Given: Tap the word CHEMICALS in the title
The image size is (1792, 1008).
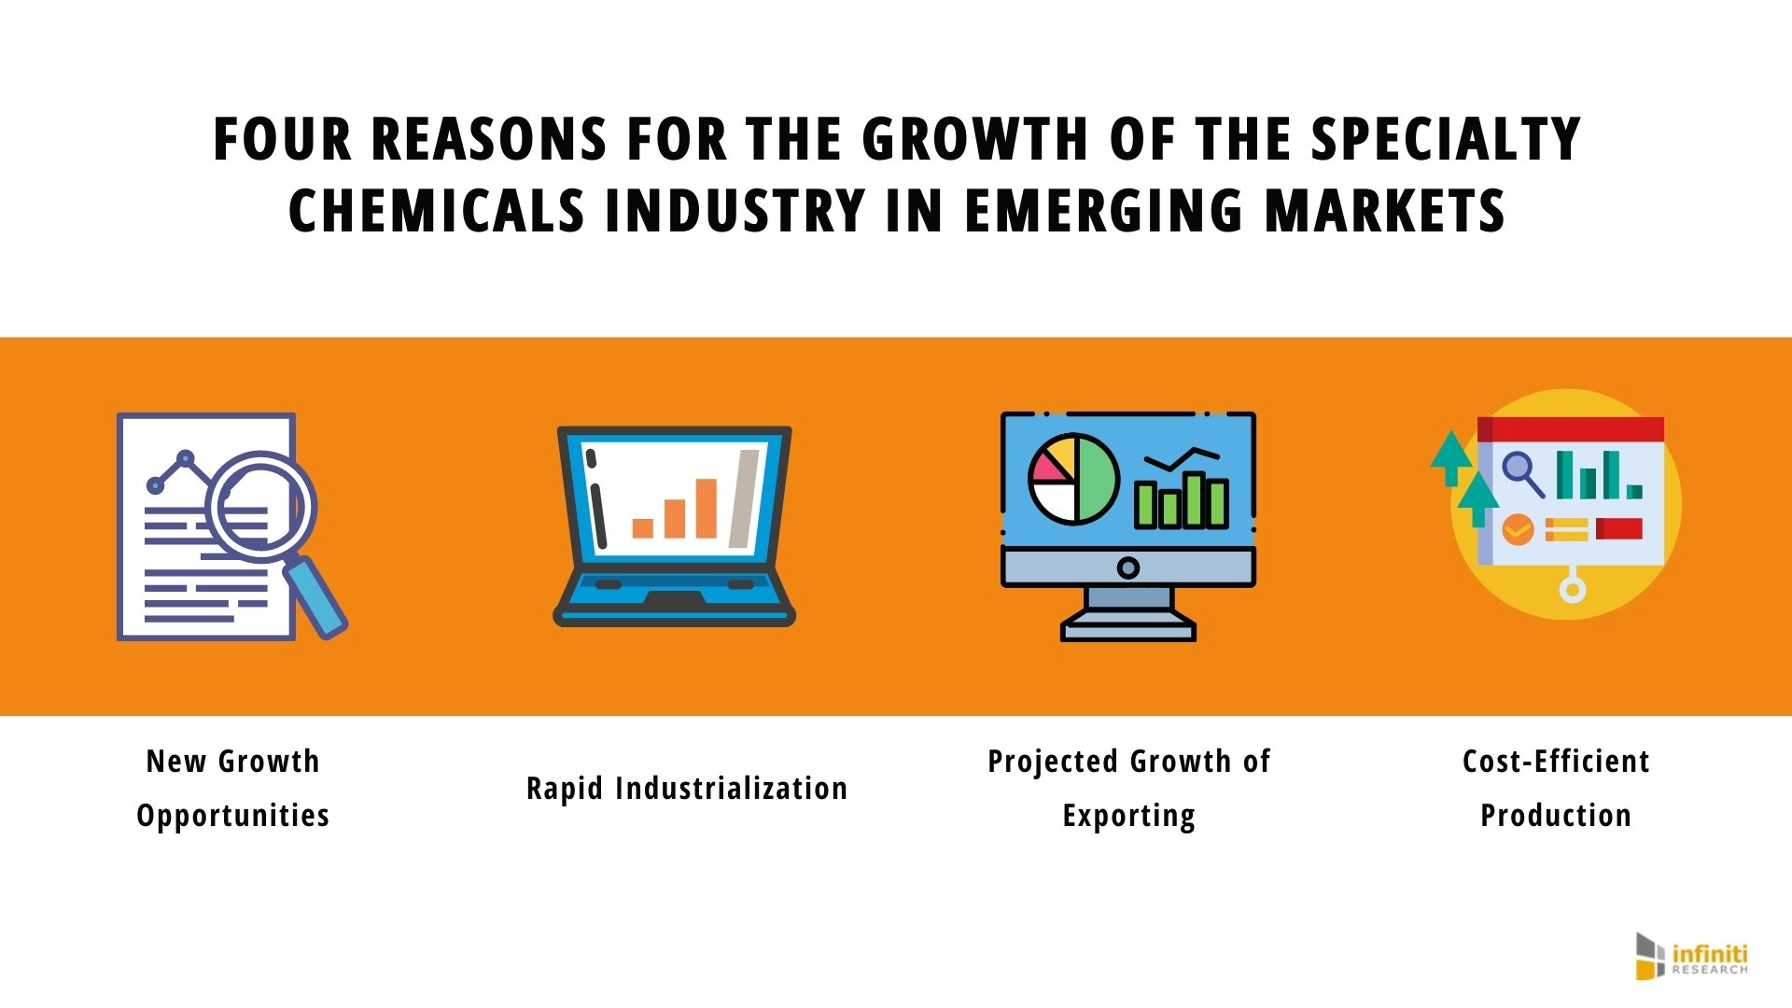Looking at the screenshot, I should click(436, 211).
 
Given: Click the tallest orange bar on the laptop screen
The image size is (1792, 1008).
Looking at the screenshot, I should click(707, 509).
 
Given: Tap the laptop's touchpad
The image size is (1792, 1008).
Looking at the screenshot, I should click(675, 598).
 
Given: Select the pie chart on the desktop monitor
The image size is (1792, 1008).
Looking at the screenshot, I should click(1073, 478).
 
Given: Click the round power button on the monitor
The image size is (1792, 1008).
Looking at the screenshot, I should click(1127, 567).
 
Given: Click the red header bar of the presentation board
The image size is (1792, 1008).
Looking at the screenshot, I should click(1571, 428).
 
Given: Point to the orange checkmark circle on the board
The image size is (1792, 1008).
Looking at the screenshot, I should click(1518, 529).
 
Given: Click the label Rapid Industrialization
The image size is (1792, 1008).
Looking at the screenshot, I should click(687, 789).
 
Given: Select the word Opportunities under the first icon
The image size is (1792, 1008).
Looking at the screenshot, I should click(233, 816).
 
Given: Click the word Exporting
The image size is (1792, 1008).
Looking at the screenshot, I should click(1128, 816).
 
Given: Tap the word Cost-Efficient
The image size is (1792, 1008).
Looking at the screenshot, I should click(1556, 762).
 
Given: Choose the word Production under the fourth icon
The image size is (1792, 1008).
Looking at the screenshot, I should click(1556, 816).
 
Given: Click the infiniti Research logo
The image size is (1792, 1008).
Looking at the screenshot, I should click(1691, 957).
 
